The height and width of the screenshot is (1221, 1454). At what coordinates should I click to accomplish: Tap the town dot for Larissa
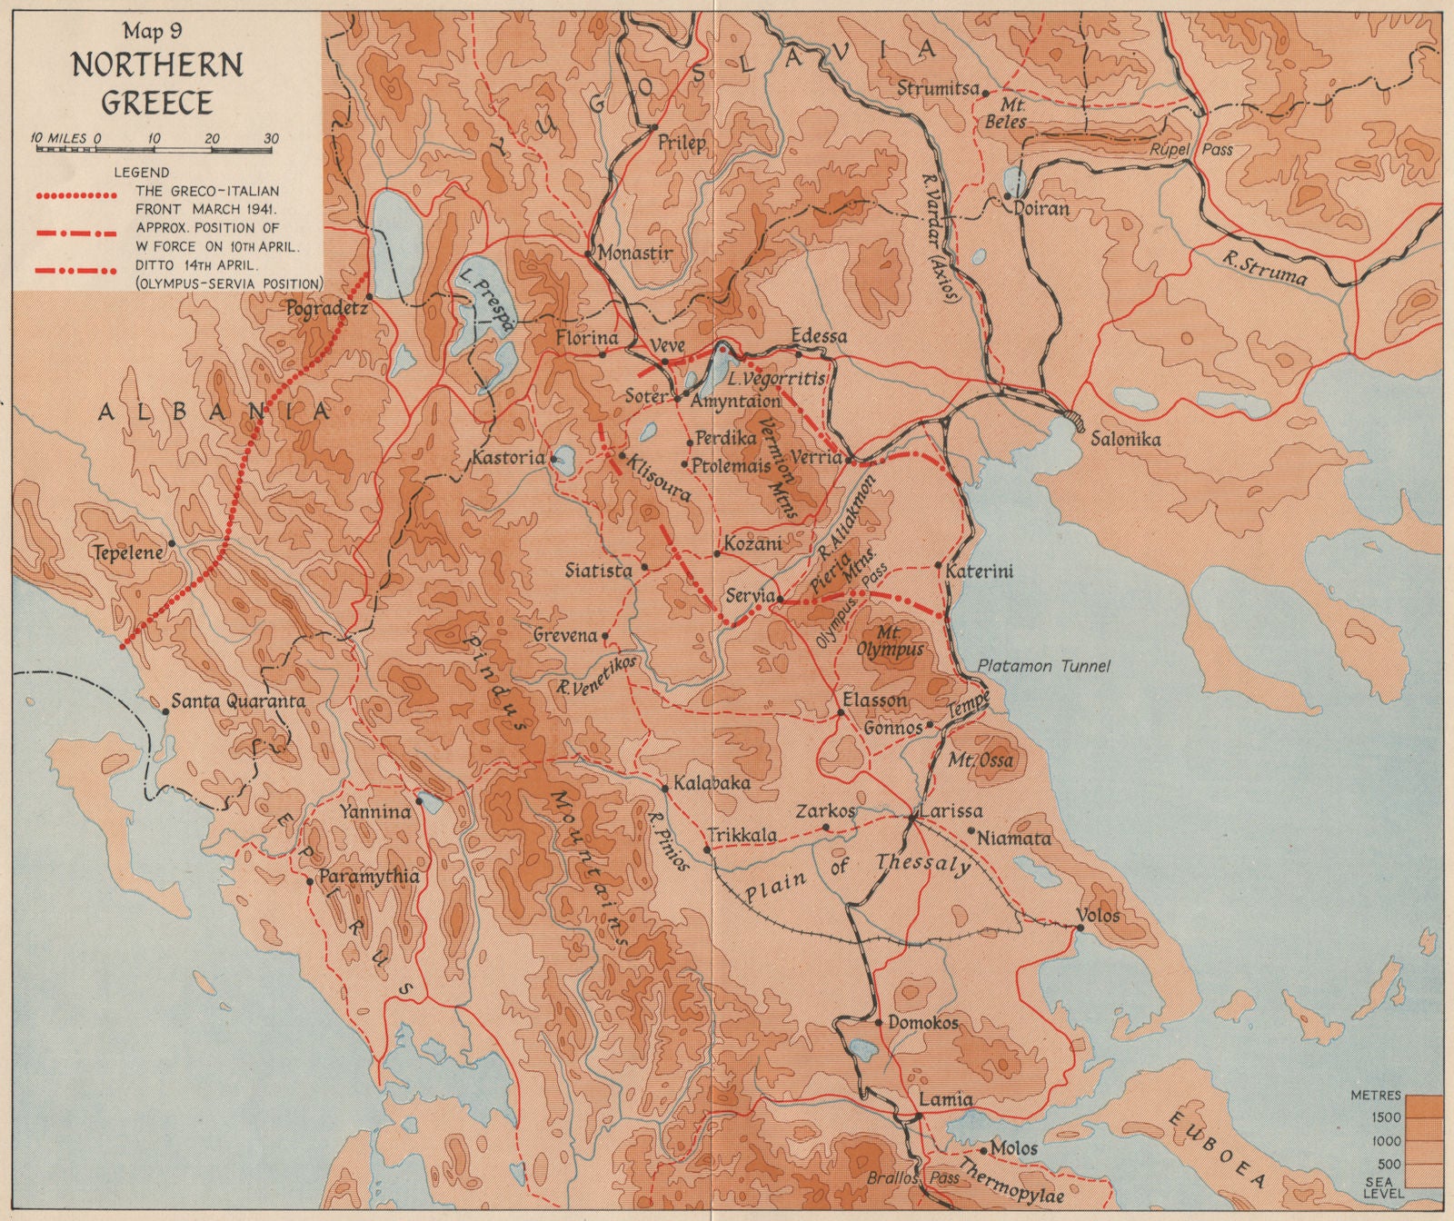click(911, 819)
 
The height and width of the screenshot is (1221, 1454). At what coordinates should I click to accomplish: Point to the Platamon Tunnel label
click(1044, 666)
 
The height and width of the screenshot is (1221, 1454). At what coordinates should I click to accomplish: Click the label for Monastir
click(636, 253)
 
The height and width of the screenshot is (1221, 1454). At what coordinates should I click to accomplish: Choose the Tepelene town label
click(126, 552)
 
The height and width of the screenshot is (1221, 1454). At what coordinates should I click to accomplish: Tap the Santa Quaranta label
click(238, 702)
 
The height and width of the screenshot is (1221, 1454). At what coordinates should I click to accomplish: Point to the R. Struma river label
click(1264, 269)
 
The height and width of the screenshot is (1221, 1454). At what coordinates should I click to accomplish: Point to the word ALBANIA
click(214, 412)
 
